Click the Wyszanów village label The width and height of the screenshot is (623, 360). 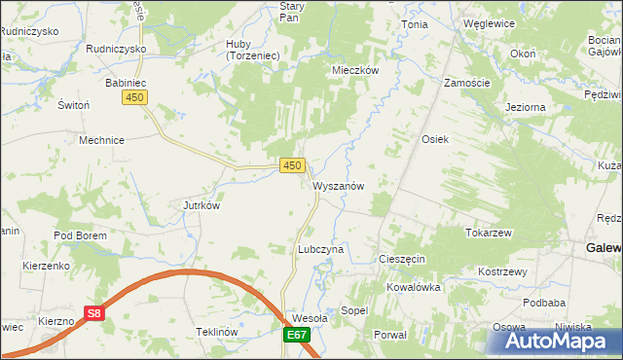339,186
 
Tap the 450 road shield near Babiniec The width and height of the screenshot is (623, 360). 135,98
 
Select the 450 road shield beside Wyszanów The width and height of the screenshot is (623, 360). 291,166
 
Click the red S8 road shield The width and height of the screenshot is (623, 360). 93,314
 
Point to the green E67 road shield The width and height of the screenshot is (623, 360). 298,336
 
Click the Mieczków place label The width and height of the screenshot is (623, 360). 354,70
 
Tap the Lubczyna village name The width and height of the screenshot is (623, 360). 320,249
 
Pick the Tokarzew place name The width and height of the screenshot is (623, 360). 489,234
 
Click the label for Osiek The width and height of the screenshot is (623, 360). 434,139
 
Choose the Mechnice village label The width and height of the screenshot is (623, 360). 101,139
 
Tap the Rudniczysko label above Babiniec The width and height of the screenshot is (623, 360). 116,48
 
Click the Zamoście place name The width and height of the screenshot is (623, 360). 466,84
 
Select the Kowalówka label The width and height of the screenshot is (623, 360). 414,287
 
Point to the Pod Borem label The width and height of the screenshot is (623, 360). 78,235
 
